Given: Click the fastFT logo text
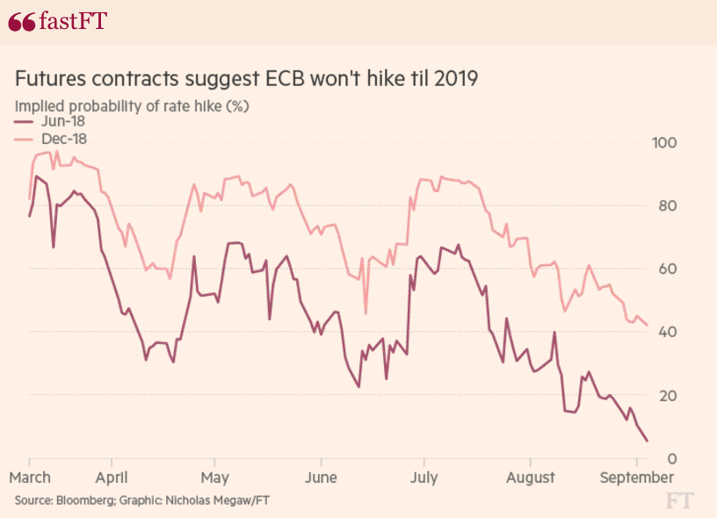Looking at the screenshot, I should point(66,21).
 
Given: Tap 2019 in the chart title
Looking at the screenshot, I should point(455,79).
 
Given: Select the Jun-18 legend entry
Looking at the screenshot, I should point(54,122).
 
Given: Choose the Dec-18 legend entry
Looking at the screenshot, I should point(54,139).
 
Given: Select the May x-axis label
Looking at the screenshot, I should point(214,478).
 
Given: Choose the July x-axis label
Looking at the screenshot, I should point(424,478).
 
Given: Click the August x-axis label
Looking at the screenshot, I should point(530,478).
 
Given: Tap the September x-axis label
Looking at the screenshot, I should point(635,478).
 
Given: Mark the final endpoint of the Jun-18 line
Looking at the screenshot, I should point(648,441).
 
